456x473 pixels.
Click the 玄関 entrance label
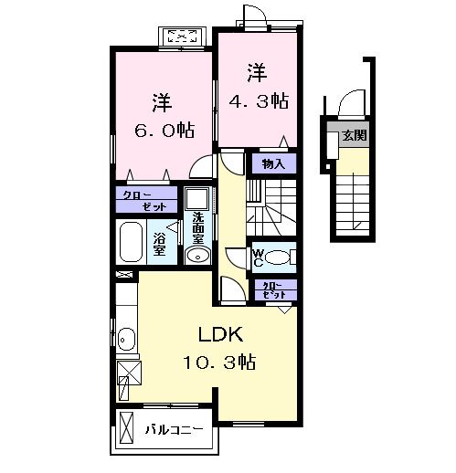pyautogui.click(x=353, y=136)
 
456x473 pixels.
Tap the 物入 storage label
pyautogui.click(x=273, y=164)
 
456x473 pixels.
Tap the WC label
pyautogui.click(x=258, y=256)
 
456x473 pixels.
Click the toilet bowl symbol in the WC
pyautogui.click(x=281, y=257)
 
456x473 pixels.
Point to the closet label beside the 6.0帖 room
pyautogui.click(x=145, y=200)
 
